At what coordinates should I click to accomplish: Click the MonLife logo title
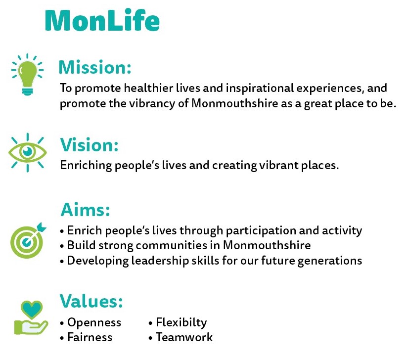[x=102, y=20]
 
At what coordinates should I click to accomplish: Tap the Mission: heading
[x=95, y=67]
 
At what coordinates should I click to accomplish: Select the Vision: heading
[x=90, y=144]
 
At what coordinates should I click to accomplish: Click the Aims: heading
[x=86, y=210]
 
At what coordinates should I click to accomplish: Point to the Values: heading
[x=91, y=301]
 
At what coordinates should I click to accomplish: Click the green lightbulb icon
[x=28, y=75]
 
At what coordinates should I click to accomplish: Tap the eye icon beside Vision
[x=28, y=152]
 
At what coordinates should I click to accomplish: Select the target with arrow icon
[x=28, y=241]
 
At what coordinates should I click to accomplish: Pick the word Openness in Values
[x=94, y=322]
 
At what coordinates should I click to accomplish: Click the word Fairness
[x=90, y=337]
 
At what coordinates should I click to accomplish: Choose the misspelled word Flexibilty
[x=181, y=322]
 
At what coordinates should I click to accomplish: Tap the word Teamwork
[x=184, y=337]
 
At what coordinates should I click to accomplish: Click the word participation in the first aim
[x=261, y=231]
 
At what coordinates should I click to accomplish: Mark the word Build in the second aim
[x=82, y=245]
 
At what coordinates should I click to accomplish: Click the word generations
[x=330, y=261]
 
